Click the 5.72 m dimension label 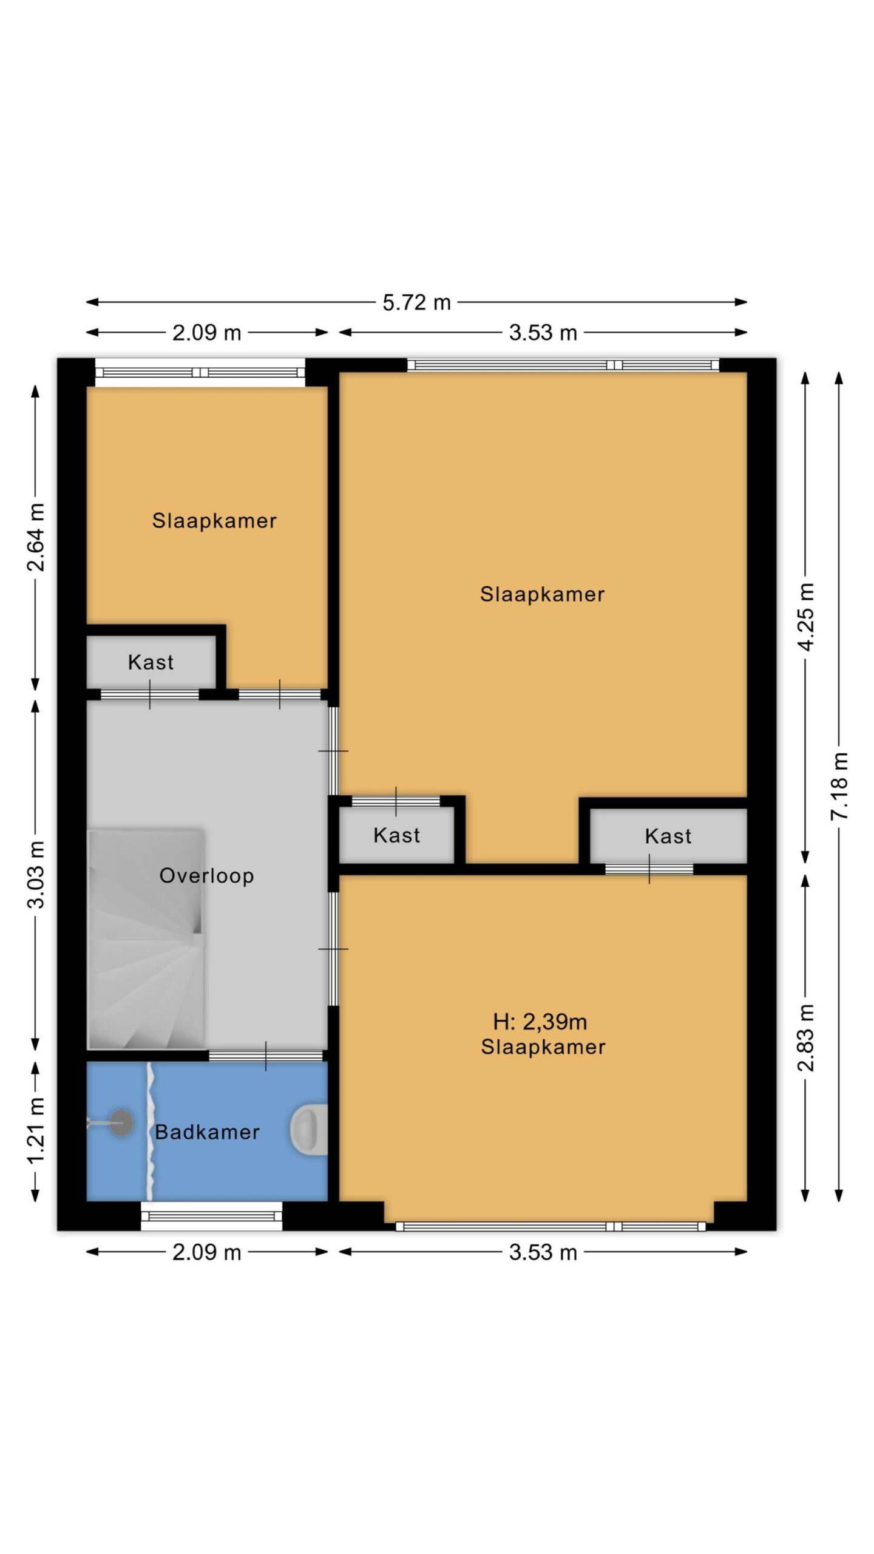coord(416,302)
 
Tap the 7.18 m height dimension coord(839,785)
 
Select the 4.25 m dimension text coord(805,617)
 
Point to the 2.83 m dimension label coord(805,1038)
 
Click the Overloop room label coord(206,875)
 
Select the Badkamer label coord(207,1132)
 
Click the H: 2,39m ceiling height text coord(540,1022)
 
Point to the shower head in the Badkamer coord(120,1123)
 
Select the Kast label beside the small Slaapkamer coord(151,662)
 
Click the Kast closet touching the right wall coord(668,836)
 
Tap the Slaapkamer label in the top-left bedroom coord(214,520)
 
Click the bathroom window coord(211,1215)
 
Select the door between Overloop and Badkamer coord(265,1056)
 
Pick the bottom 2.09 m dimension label coord(206,1252)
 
